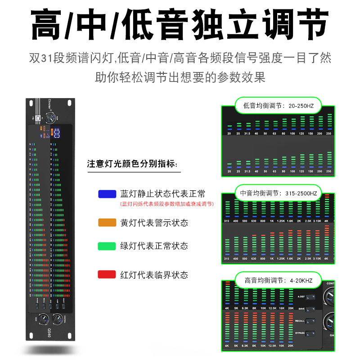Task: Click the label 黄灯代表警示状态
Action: tap(154, 222)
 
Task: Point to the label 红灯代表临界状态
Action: tap(154, 274)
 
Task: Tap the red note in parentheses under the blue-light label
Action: tap(166, 204)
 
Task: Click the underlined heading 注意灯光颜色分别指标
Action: tap(132, 164)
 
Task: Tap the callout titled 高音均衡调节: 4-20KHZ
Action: tap(279, 280)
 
